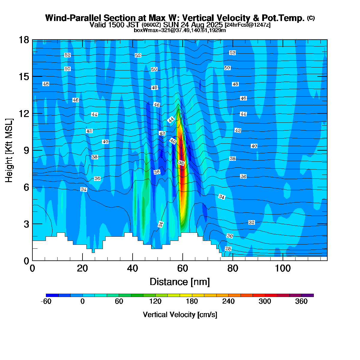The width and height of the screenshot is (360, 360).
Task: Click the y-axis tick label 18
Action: [24, 40]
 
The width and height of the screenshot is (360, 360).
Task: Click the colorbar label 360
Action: [301, 301]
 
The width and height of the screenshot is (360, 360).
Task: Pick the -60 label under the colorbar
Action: [46, 301]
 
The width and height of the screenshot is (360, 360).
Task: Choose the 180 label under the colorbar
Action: [192, 301]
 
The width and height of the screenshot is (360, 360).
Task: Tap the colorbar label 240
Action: [228, 301]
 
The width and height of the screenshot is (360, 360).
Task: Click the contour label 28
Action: [228, 249]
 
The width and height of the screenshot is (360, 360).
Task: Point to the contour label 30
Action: [229, 236]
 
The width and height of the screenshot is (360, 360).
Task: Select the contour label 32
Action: [251, 223]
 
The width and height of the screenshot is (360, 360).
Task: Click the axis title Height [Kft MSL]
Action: [9, 150]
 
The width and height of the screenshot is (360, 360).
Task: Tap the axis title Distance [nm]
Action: [179, 282]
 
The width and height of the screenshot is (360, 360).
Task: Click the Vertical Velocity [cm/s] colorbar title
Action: [180, 315]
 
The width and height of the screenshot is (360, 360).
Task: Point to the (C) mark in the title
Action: [311, 18]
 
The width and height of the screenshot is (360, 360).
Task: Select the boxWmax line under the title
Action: [180, 30]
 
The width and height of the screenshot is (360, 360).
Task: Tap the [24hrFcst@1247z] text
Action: [247, 25]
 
